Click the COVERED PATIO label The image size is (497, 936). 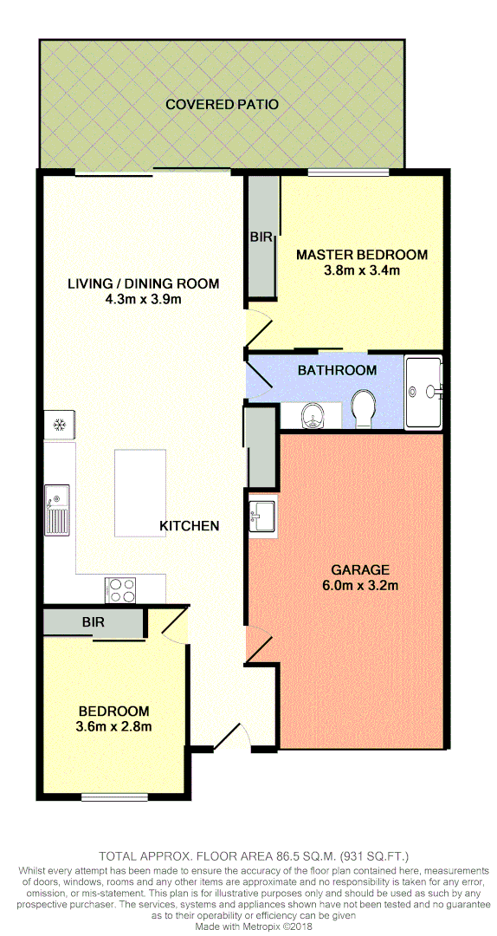222,105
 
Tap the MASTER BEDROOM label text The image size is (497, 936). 361,255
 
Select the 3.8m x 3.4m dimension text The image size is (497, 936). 361,270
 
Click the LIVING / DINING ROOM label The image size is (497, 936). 143,283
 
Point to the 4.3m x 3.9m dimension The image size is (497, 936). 143,299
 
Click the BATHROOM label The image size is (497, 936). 337,370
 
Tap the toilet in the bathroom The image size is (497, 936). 365,408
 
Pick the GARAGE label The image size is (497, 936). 360,570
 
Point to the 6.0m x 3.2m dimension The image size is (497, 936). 360,586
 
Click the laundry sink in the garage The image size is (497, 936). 261,518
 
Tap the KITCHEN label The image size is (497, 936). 189,526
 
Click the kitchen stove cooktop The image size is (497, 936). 122,589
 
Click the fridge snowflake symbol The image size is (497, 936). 61,425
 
